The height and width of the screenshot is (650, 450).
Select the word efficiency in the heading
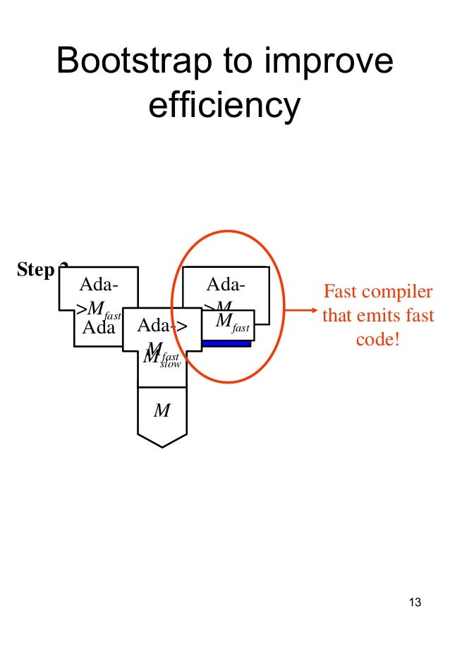tap(224, 105)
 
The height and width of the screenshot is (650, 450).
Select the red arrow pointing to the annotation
tap(300, 308)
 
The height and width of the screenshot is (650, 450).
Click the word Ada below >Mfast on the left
tap(98, 328)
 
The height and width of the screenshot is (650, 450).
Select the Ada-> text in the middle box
tap(162, 326)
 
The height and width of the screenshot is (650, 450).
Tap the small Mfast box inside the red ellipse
tap(232, 324)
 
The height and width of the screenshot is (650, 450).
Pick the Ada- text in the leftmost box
tap(97, 285)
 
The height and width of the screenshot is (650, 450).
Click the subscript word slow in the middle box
tap(171, 364)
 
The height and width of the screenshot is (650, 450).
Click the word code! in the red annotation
tap(377, 338)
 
